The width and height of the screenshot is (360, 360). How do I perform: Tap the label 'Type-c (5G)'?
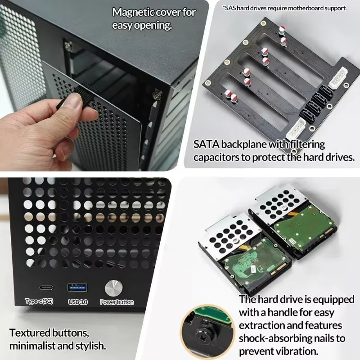(39, 301)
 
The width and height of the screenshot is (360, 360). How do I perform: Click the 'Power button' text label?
(117, 302)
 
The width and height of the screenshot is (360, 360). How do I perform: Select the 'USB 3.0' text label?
(77, 302)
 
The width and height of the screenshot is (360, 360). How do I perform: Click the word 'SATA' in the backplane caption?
(206, 145)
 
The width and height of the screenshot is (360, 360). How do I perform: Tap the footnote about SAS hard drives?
(284, 8)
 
